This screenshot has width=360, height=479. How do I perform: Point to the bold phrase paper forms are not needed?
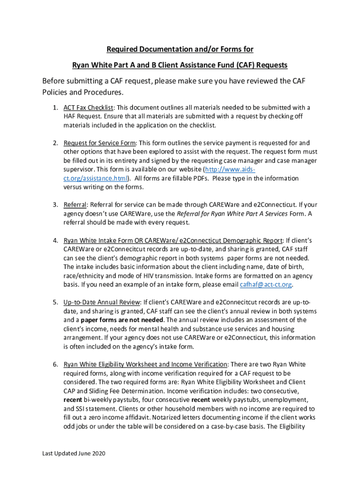pos(122,320)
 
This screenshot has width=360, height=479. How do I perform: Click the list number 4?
pos(55,240)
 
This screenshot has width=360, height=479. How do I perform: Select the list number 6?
pos(55,364)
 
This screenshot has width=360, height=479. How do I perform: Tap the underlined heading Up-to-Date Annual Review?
pos(101,302)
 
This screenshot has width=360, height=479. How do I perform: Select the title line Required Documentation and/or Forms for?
pos(180,50)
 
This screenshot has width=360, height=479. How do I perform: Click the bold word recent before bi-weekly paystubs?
pos(73,400)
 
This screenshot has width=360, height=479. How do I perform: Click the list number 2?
pos(55,143)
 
